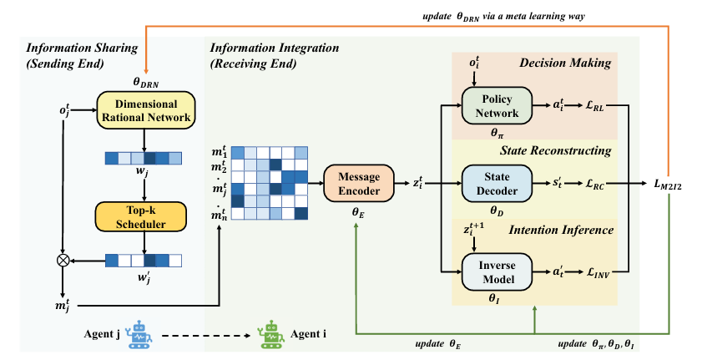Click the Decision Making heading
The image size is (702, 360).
point(566,63)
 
